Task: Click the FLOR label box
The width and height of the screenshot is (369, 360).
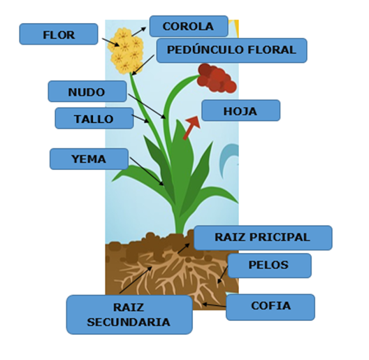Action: tap(59, 34)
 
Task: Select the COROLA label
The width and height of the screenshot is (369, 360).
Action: tap(189, 26)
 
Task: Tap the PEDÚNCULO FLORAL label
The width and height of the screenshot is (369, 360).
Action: tap(232, 50)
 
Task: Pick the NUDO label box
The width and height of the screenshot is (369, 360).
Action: tap(87, 92)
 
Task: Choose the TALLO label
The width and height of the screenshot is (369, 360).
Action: tap(94, 118)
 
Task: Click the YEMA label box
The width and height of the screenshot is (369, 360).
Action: tap(89, 159)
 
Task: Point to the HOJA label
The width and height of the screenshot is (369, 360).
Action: tap(241, 110)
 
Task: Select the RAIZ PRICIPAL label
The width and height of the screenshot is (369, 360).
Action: tap(263, 238)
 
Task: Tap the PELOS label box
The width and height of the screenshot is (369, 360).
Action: tap(270, 266)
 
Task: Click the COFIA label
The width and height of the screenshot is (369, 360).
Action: tap(270, 307)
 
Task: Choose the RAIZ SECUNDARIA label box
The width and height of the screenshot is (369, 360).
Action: tap(129, 315)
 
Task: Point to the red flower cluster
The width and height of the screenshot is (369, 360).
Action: tap(217, 78)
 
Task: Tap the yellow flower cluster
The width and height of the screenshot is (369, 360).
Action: tap(125, 50)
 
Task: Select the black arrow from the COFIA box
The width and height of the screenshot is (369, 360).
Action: tap(214, 305)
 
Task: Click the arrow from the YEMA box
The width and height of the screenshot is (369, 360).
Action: tap(147, 171)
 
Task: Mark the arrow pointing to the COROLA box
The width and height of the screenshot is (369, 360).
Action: tap(139, 31)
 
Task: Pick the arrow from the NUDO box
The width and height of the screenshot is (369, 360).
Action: tap(147, 106)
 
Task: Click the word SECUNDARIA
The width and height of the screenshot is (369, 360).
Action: tap(129, 322)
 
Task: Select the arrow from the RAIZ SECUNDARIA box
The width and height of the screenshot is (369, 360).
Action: tap(136, 280)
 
